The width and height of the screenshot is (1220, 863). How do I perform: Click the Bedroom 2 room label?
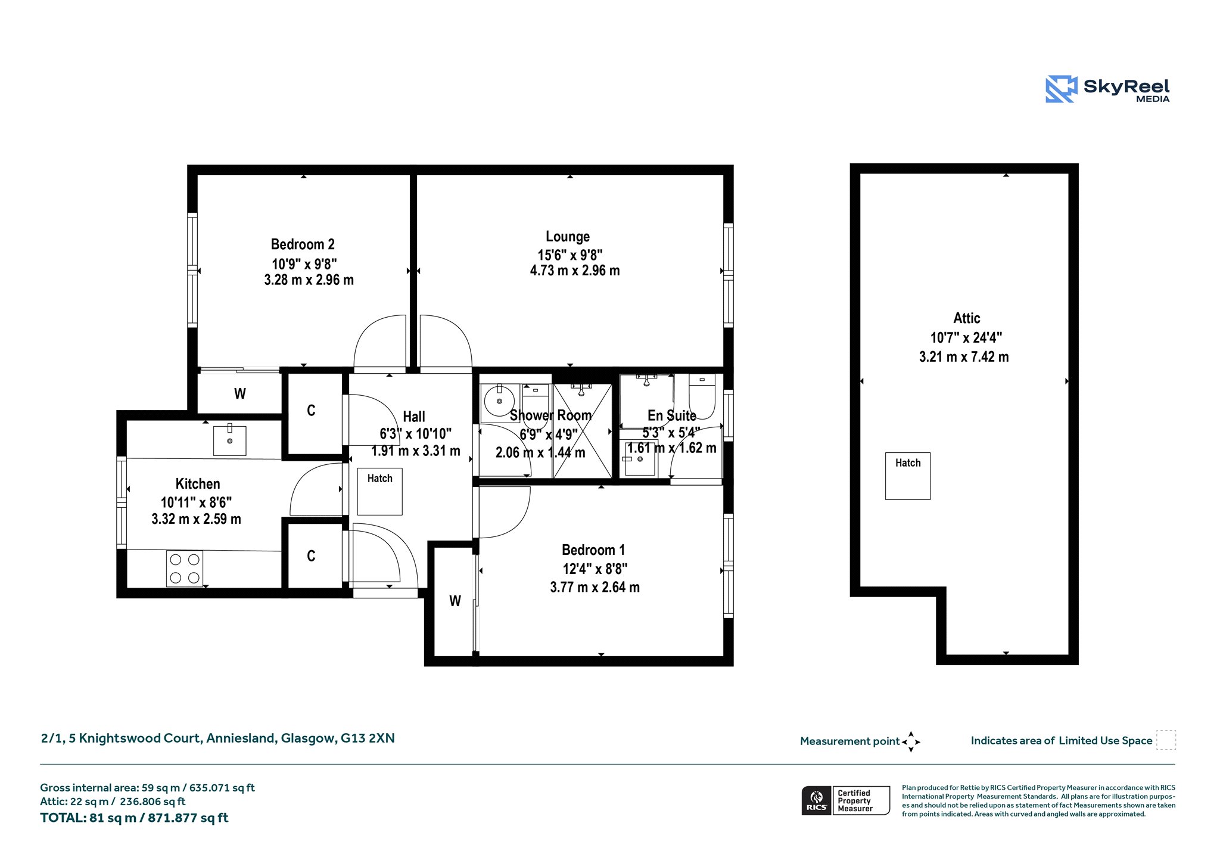(x=303, y=244)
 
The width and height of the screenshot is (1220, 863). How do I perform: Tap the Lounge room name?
(x=568, y=237)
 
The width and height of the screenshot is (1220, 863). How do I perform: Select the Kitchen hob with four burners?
(x=185, y=569)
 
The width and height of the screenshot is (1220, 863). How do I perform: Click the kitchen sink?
(x=230, y=440)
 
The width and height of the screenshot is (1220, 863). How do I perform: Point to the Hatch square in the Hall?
(x=380, y=491)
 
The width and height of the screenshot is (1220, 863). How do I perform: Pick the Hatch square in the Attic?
(x=908, y=476)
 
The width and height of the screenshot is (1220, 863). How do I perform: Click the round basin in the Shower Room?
(x=499, y=401)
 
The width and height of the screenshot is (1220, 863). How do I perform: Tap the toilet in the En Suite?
(x=702, y=396)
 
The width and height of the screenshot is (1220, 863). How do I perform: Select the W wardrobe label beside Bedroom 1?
(x=455, y=601)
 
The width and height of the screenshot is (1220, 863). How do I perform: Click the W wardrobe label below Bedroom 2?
(x=240, y=393)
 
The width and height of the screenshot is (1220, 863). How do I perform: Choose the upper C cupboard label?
(x=311, y=410)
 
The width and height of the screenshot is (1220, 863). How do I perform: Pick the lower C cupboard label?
(x=311, y=555)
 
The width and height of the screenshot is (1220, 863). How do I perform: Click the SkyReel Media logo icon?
(x=1062, y=89)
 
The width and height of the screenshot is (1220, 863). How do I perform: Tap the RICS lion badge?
(x=817, y=800)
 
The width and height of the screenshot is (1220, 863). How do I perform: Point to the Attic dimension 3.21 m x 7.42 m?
(x=964, y=357)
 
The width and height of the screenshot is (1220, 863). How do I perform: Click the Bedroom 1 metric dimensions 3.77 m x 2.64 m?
(x=595, y=587)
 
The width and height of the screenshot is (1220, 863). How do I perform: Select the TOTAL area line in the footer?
(x=134, y=818)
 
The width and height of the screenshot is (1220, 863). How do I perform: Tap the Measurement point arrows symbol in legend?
(x=911, y=741)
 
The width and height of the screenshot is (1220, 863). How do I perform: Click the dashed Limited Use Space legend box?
(x=1166, y=740)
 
